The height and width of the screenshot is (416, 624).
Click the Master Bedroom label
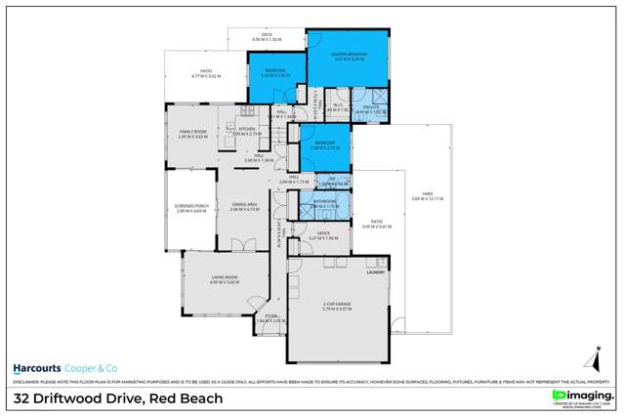[348, 57]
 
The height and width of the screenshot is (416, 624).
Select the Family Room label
[191, 133]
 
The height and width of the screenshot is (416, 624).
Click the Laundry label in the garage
[373, 272]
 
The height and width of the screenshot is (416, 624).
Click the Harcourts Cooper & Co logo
[62, 368]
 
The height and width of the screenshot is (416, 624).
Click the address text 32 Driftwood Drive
[117, 398]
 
